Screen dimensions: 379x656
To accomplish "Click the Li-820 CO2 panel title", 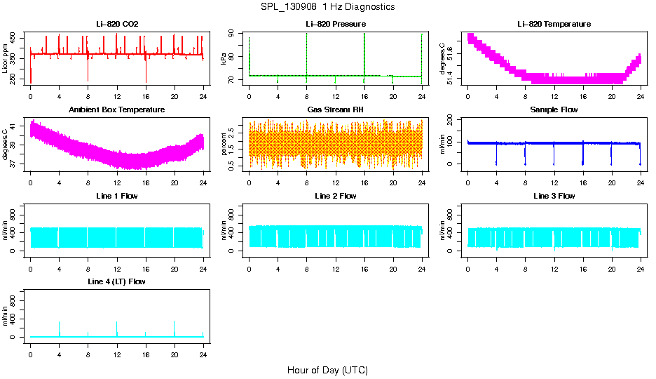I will [x=117, y=25].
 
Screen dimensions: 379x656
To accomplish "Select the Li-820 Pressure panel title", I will [x=336, y=25].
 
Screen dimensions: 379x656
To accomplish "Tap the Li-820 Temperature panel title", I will [x=554, y=25].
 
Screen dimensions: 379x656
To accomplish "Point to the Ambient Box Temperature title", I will [x=117, y=110].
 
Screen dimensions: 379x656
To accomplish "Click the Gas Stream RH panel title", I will [x=336, y=110].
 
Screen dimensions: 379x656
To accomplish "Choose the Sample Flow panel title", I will [x=554, y=110].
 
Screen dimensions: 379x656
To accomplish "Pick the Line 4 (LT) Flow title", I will [x=117, y=281].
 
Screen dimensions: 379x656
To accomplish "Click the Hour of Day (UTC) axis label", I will [x=327, y=370].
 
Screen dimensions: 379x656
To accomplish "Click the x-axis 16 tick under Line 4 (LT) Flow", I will [x=145, y=349].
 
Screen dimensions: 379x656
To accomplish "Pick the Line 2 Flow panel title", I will [x=336, y=196].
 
